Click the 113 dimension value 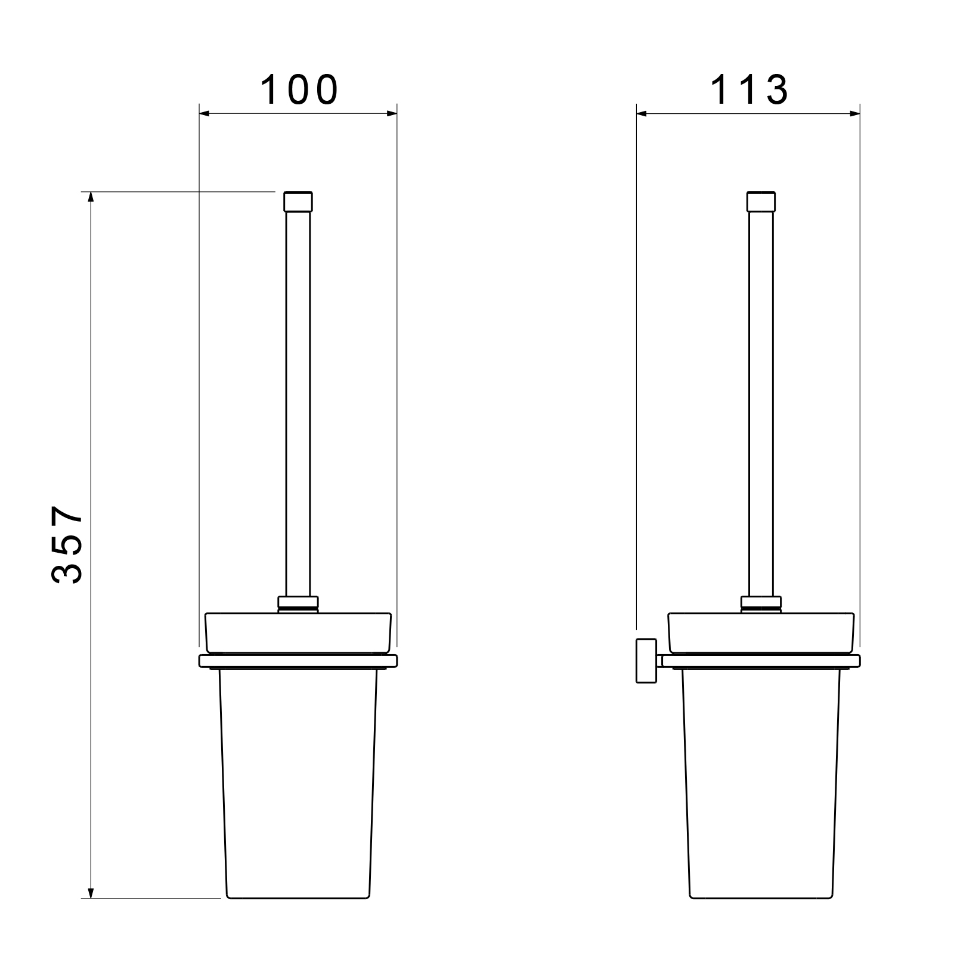pyautogui.click(x=749, y=90)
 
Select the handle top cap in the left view pyautogui.click(x=298, y=202)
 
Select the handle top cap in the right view pyautogui.click(x=761, y=202)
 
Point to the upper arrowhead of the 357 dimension pyautogui.click(x=91, y=198)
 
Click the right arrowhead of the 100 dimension pyautogui.click(x=390, y=113)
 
